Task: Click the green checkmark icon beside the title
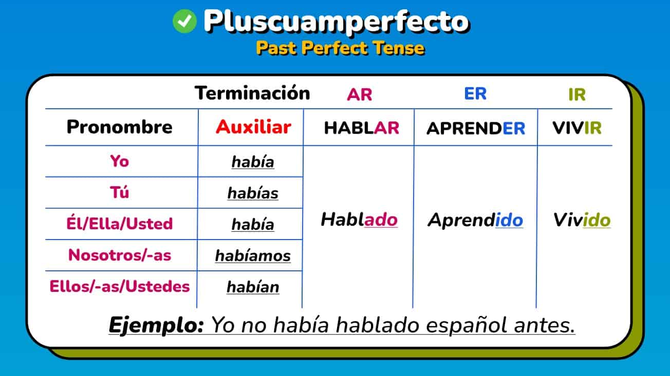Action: tap(184, 22)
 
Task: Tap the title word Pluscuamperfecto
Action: tap(336, 22)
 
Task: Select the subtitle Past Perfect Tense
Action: tap(340, 48)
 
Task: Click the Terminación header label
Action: tap(252, 93)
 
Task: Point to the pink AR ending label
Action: tap(359, 95)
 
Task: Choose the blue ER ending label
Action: tap(475, 94)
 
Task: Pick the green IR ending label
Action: tap(577, 95)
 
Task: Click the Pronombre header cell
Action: tap(120, 127)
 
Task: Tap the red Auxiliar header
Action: tap(253, 127)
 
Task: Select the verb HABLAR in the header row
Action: tap(361, 128)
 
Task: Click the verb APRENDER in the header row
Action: tap(476, 128)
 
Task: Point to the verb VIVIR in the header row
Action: tap(577, 128)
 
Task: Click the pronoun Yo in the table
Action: tap(120, 161)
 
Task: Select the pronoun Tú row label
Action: tap(120, 192)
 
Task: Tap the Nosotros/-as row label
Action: tap(120, 255)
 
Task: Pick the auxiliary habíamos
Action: tap(253, 256)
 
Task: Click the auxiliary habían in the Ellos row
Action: tap(253, 287)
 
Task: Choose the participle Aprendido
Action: tap(475, 220)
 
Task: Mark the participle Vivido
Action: tap(582, 220)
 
